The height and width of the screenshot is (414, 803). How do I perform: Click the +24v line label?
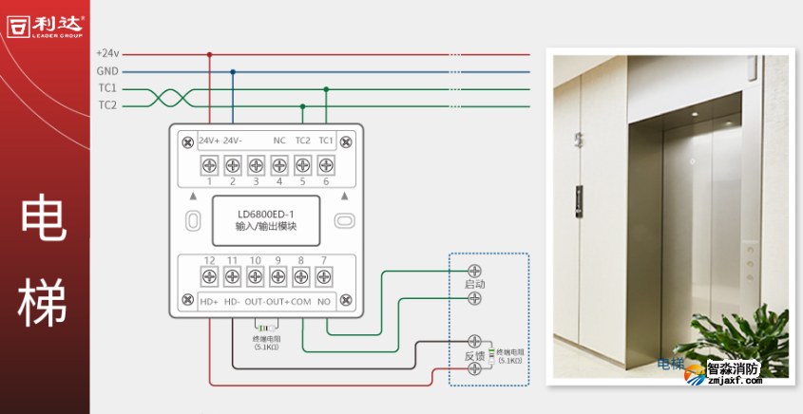pos(106,54)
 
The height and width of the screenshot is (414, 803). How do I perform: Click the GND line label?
pos(106,71)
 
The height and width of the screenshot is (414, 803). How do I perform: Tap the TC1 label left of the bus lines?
pos(106,88)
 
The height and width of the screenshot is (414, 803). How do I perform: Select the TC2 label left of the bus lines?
pos(106,105)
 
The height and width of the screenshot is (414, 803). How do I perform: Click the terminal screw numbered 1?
pos(209,165)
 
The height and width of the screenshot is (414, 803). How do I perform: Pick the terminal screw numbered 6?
pos(326,165)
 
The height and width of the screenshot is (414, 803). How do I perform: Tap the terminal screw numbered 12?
pos(209,276)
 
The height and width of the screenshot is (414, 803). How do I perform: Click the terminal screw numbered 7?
pos(325,276)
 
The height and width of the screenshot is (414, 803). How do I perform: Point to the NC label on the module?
pos(279,141)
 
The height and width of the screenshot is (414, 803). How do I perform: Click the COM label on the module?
pos(300,302)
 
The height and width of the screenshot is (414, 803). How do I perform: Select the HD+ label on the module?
pos(209,302)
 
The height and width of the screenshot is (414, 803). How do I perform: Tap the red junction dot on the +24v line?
pos(210,54)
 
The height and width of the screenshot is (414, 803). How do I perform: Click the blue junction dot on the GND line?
pos(233,71)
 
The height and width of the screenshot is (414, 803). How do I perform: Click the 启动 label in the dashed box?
pos(474,284)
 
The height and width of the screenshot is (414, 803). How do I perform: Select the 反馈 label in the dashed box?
pos(474,356)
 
